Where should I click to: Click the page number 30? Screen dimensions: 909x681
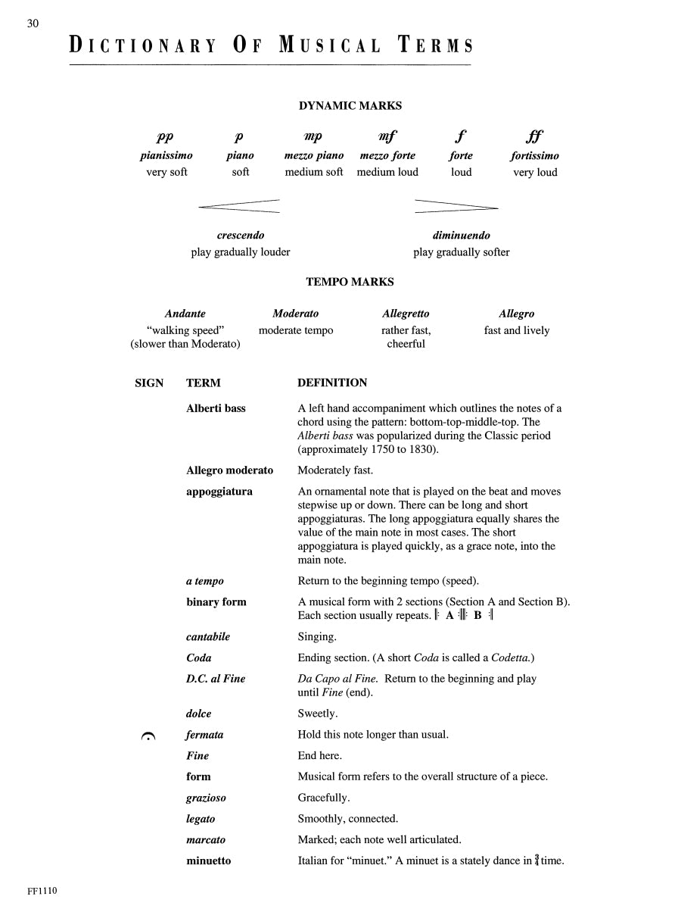pos(33,23)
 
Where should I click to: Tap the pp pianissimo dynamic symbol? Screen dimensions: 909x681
pos(165,136)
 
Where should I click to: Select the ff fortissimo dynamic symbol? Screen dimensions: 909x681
pos(534,136)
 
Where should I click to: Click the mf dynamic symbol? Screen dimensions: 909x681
pos(387,136)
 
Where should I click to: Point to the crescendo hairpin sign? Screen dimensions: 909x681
pos(239,205)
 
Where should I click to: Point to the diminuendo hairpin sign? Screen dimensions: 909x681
pos(456,206)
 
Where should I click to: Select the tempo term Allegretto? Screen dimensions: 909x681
pos(406,314)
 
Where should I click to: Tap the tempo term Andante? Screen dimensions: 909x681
pos(185,314)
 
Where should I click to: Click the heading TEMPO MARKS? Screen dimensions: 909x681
pos(350,282)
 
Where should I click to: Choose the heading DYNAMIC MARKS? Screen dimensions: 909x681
pos(350,106)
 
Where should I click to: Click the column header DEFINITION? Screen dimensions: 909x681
pos(332,383)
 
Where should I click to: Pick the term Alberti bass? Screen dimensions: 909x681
pos(216,408)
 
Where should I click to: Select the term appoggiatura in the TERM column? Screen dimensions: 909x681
pos(219,492)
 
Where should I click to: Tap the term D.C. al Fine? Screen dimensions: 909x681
pos(216,679)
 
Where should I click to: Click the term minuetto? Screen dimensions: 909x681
pos(209,861)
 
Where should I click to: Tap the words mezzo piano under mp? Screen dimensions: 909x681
pos(314,156)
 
